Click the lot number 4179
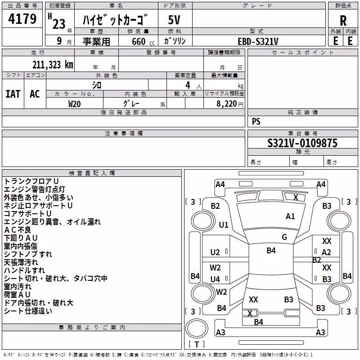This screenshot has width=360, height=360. click(x=22, y=18)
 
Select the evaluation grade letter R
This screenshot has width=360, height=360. click(x=343, y=21)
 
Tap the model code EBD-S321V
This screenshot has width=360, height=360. click(x=258, y=41)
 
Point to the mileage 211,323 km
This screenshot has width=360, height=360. click(x=53, y=65)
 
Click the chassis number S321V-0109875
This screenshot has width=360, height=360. click(x=302, y=143)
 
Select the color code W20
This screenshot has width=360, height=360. click(x=74, y=104)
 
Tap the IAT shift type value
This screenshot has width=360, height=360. click(x=13, y=94)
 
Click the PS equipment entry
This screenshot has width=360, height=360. click(x=256, y=121)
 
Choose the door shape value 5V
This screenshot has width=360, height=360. click(x=174, y=20)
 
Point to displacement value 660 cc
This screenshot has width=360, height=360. click(x=143, y=41)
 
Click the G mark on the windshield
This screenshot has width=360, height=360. click(x=284, y=237)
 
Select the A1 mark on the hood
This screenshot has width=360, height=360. click(x=290, y=216)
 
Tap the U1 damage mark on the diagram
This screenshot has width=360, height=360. click(x=223, y=225)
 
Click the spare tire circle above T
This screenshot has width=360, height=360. click(x=197, y=328)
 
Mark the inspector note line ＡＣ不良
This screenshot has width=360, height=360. click(x=18, y=230)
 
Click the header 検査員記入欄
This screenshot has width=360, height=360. click(x=92, y=173)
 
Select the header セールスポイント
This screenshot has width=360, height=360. click(x=302, y=52)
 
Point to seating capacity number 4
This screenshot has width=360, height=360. click(x=188, y=85)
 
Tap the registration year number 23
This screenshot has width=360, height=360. click(x=59, y=24)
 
